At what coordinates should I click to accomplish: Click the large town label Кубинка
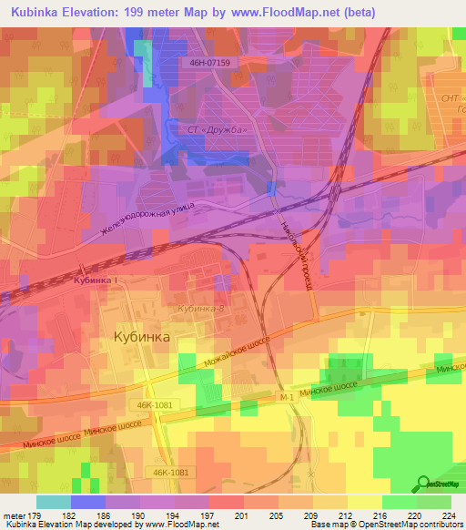pos(141,337)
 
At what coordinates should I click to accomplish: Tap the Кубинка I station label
pos(96,280)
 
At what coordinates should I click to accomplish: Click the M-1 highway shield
pos(287,397)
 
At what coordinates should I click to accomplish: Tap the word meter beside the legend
pos(14,515)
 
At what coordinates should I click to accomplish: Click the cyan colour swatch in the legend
pos(53,502)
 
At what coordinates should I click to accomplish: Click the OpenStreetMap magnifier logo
pos(422,484)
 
